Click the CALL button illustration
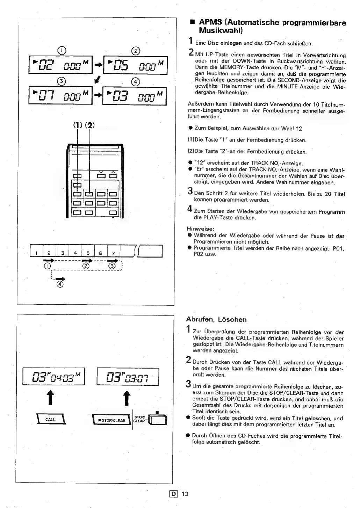tap(51, 419)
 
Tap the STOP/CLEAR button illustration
tap(111, 420)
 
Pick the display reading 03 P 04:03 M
tap(54, 376)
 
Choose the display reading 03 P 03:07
tap(128, 376)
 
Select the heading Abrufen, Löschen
tap(216, 319)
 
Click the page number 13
tap(185, 494)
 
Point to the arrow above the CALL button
tap(51, 398)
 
